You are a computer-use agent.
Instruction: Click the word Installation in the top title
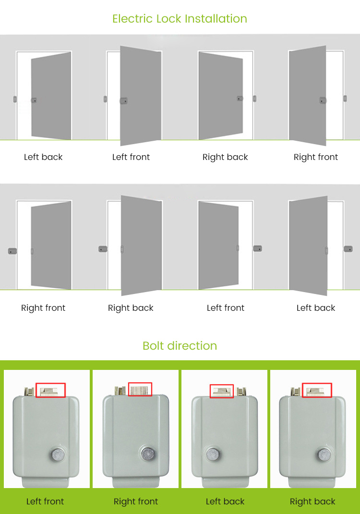(216, 19)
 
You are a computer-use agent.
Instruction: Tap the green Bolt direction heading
(180, 346)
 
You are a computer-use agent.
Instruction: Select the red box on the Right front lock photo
(140, 389)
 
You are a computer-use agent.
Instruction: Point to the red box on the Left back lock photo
(222, 391)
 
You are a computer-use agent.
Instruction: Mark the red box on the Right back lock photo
(317, 390)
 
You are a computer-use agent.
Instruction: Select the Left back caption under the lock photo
(225, 502)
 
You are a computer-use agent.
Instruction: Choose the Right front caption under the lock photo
(136, 502)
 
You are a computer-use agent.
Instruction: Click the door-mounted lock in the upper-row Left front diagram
(124, 101)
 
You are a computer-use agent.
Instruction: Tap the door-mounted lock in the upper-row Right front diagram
(323, 100)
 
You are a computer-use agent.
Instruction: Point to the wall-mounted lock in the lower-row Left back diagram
(348, 249)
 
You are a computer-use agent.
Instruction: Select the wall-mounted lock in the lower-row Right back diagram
(103, 249)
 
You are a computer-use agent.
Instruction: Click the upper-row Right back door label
(225, 157)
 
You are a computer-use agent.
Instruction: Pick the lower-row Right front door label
(43, 308)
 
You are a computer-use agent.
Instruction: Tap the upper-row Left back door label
(43, 157)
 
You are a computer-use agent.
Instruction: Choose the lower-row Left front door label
(226, 308)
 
